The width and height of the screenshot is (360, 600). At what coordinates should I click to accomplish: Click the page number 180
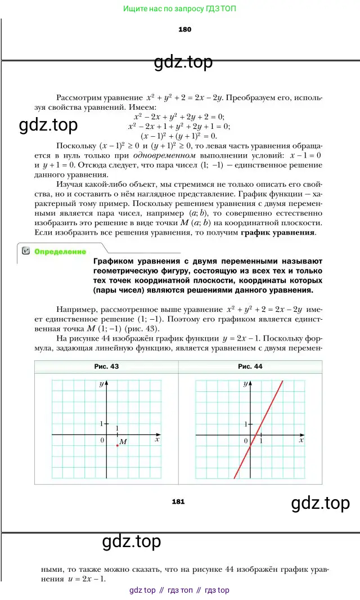click(x=184, y=29)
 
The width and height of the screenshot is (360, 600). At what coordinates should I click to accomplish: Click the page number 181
click(x=178, y=502)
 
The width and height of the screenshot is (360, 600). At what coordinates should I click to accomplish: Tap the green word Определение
click(x=60, y=252)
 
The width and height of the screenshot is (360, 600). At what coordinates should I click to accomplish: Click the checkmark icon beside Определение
click(x=26, y=252)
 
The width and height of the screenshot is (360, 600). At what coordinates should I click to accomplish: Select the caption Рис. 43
click(x=106, y=366)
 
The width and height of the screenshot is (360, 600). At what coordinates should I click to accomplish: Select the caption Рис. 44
click(x=250, y=366)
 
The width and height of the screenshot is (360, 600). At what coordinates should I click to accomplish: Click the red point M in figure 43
click(x=117, y=445)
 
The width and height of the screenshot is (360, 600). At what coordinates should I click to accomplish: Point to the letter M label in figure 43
click(x=123, y=442)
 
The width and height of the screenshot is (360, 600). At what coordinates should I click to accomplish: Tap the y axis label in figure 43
click(x=101, y=384)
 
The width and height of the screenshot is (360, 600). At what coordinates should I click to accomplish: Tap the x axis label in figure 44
click(x=301, y=440)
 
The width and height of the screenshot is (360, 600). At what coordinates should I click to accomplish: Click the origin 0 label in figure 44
click(x=246, y=441)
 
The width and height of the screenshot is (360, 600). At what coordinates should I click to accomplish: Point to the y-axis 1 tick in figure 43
click(x=101, y=423)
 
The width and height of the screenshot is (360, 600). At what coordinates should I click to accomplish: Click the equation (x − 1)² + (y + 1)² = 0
click(x=178, y=136)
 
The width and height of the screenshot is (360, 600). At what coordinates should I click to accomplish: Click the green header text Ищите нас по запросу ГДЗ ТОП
click(x=179, y=8)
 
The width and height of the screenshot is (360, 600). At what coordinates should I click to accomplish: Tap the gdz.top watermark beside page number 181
click(x=320, y=503)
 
